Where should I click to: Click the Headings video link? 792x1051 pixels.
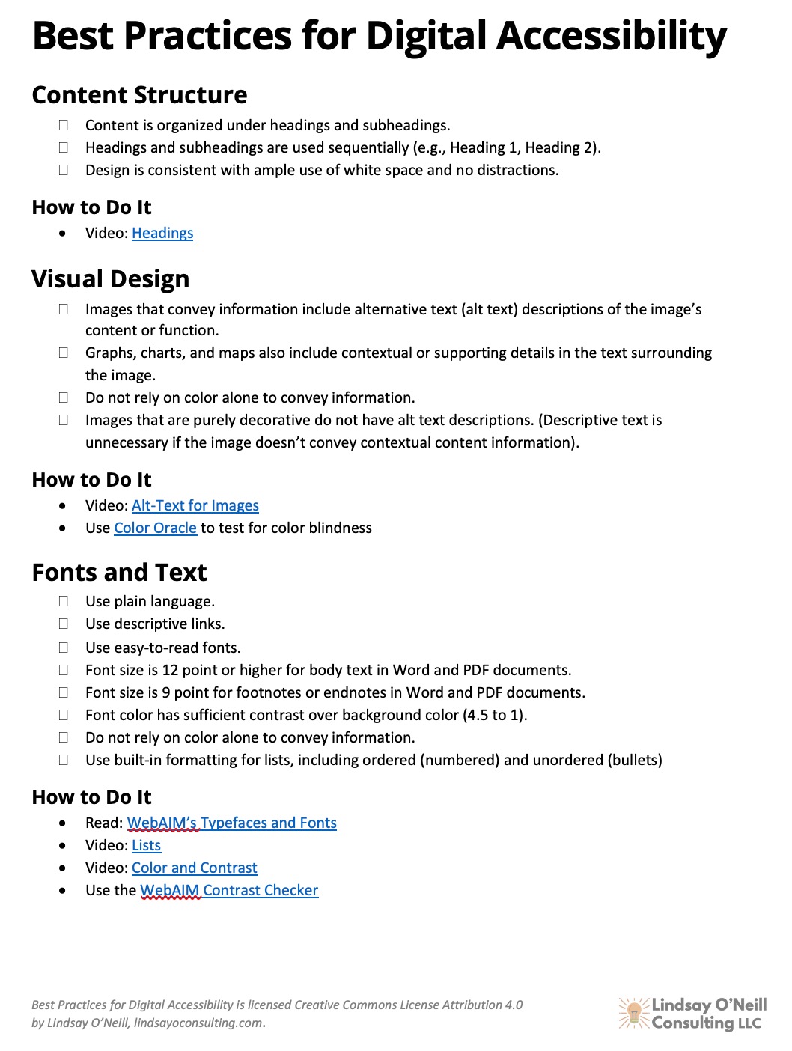point(162,234)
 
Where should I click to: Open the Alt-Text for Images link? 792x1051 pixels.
point(195,506)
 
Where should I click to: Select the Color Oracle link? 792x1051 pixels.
point(155,528)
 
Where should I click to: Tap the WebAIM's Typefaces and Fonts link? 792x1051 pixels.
point(232,823)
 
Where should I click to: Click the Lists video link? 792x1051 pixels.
point(146,846)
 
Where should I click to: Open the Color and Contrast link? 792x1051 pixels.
point(195,868)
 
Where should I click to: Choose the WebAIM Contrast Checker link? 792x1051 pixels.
point(229,891)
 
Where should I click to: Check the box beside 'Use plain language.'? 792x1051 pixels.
point(64,601)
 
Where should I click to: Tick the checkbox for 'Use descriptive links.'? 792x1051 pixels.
point(64,624)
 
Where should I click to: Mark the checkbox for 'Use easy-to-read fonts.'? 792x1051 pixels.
point(64,648)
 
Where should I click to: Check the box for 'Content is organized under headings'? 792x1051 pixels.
point(64,125)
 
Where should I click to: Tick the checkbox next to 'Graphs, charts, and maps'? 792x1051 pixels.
point(64,353)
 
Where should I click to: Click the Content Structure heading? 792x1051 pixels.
point(140,96)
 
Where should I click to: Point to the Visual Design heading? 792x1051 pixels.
point(111,280)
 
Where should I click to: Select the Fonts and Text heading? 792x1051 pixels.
point(120,573)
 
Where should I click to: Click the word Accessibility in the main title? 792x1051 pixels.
point(612,36)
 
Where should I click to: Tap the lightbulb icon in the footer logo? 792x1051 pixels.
point(634,1013)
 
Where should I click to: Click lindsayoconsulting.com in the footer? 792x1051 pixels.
point(198,1023)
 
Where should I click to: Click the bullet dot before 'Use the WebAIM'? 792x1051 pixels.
point(63,891)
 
